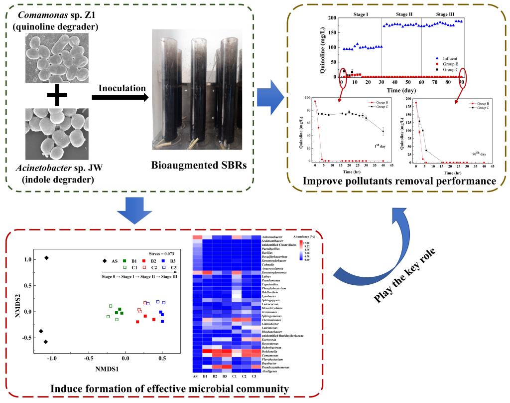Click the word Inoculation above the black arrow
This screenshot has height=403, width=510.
pos(119,88)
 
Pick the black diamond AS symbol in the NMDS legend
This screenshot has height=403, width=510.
pos(104,261)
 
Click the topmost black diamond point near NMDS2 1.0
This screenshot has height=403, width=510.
pos(47,258)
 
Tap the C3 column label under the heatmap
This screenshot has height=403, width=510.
pos(255,376)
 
